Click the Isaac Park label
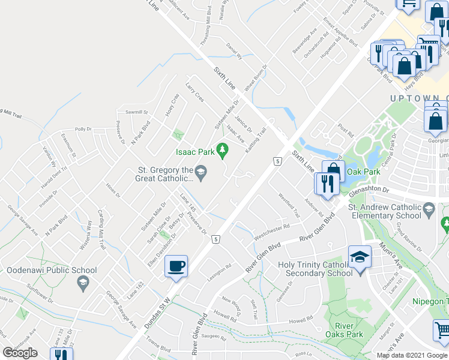195,152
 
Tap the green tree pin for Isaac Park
223,149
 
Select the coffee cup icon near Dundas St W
176,266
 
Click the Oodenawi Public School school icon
83,283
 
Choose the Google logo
20,353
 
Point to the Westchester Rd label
272,231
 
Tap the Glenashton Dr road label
369,190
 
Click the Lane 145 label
188,202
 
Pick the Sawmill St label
137,112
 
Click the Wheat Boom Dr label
255,79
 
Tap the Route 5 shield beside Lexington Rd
215,239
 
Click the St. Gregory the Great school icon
202,175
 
